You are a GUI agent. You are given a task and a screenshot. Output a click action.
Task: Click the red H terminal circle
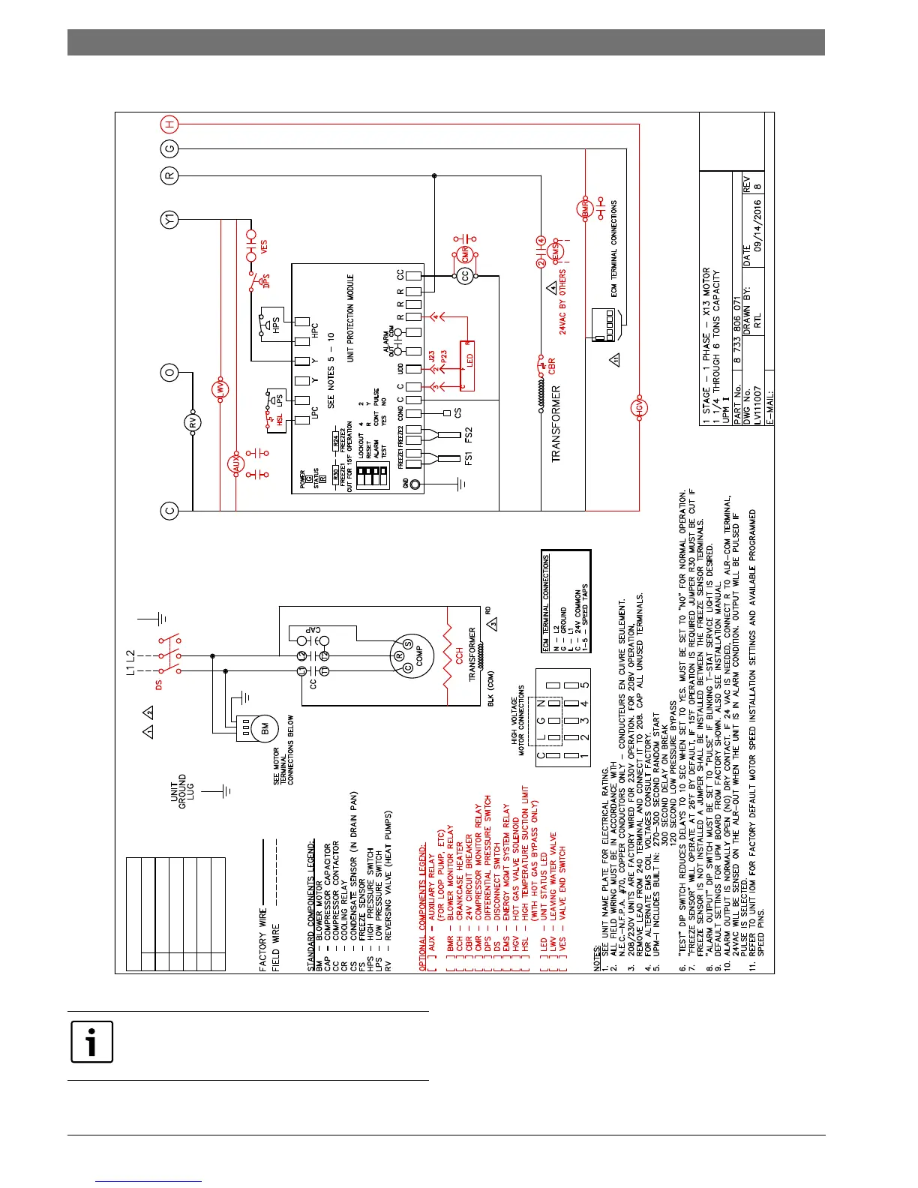[169, 123]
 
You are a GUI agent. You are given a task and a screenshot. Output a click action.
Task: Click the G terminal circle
[169, 149]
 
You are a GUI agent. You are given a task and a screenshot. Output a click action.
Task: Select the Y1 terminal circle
[169, 220]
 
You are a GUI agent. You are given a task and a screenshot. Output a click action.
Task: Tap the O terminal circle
[169, 371]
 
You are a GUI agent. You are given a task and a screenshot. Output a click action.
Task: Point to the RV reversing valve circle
[193, 423]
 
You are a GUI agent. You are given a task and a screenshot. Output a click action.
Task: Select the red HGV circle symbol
[639, 408]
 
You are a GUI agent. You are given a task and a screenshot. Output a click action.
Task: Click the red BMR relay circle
[584, 210]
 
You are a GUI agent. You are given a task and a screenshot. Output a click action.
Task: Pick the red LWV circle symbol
[220, 388]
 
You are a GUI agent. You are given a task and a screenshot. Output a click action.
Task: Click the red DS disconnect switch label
[157, 684]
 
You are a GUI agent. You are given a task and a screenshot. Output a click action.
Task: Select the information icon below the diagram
[91, 1042]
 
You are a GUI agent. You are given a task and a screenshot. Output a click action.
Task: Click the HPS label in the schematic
[275, 326]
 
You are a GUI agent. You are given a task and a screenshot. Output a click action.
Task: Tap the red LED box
[466, 364]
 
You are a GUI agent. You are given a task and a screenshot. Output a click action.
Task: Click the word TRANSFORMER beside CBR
[556, 424]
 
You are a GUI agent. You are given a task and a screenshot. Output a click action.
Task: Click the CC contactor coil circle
[464, 276]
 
